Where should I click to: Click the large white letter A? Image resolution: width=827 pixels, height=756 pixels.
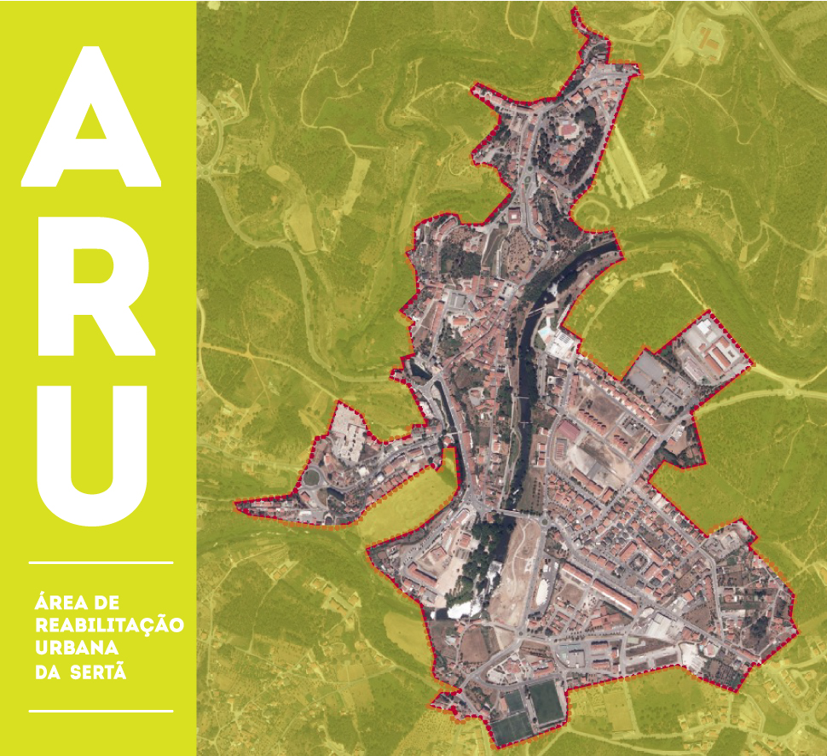[91, 119]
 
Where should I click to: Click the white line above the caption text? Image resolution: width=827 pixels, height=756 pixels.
[101, 563]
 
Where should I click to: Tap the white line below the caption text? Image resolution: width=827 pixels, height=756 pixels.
[101, 710]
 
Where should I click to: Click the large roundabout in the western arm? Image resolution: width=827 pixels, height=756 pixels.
[312, 478]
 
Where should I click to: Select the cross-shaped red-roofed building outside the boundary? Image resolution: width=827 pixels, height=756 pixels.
[707, 38]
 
